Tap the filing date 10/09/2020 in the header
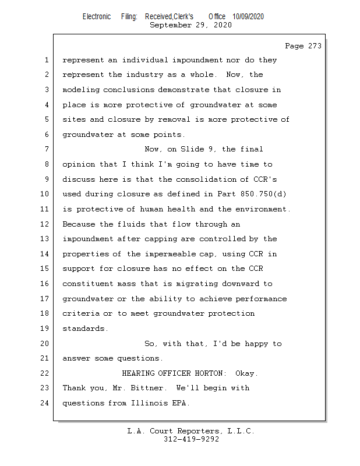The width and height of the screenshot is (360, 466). (248, 17)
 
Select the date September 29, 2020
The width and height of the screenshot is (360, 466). (190, 25)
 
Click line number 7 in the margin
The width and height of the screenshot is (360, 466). (47, 149)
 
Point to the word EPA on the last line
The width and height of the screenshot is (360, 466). (178, 403)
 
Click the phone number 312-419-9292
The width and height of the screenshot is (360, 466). (191, 439)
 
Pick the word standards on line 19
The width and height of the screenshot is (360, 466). (85, 329)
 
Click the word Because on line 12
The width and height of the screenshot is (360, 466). (78, 224)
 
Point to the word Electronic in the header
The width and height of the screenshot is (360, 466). (97, 17)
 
